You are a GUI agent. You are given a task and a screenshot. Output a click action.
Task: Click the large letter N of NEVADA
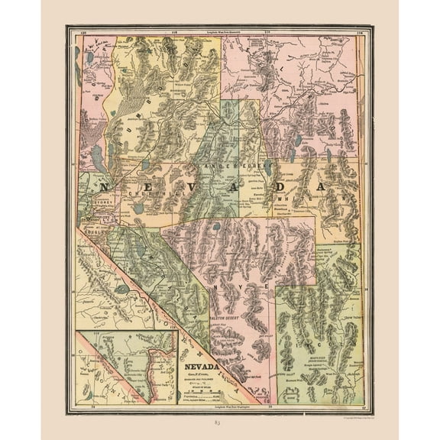104,187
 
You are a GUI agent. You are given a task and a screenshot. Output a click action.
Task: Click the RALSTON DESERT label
222,301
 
